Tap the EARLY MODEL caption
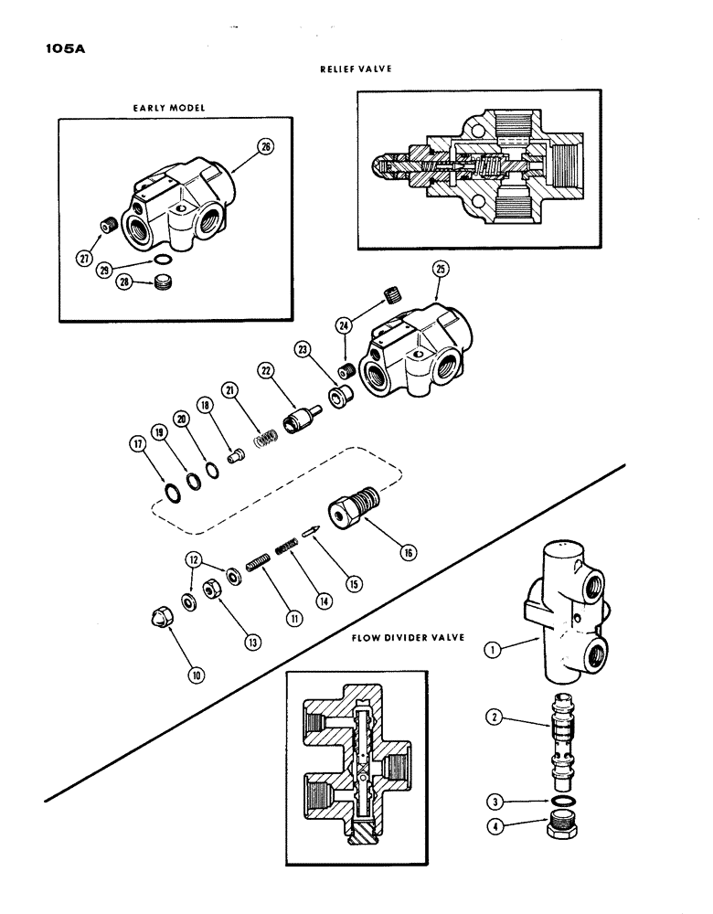coord(169,107)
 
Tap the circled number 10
coord(197,676)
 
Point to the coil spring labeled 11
coord(258,566)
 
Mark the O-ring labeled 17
coord(174,494)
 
